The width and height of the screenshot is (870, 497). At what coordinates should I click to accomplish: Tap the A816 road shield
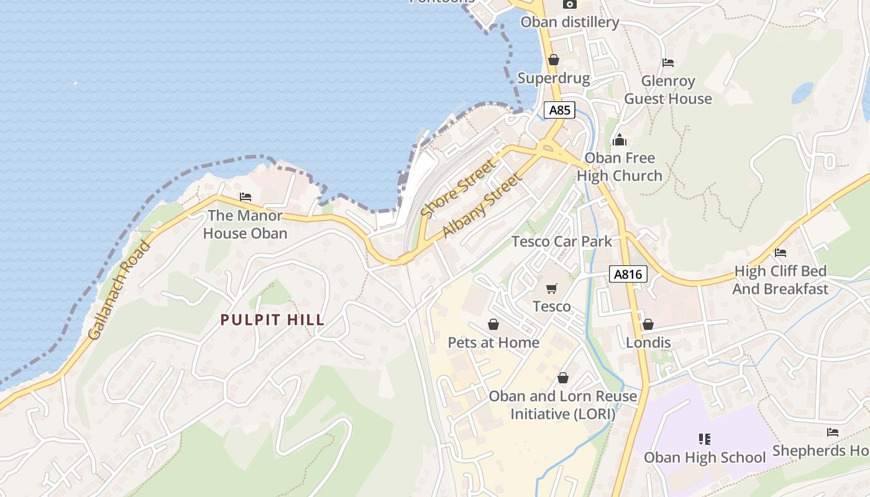(628, 274)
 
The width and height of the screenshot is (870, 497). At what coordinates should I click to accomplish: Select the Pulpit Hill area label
(273, 320)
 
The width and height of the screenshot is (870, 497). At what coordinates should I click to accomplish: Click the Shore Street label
(459, 188)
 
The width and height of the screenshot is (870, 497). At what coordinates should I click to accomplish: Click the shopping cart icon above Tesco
(551, 288)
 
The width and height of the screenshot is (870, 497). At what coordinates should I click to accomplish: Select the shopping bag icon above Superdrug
(553, 60)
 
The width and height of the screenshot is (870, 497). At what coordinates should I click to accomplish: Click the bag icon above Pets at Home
(493, 324)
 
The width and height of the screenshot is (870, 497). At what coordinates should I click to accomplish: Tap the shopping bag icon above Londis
(648, 324)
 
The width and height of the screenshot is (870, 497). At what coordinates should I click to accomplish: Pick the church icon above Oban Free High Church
(619, 140)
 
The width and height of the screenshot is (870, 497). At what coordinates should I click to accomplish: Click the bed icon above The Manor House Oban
(245, 197)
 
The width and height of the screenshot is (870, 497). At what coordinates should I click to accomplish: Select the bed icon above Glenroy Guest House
(668, 63)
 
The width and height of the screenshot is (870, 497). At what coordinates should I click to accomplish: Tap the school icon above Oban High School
(704, 439)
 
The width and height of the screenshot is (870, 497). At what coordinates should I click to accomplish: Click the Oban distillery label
(570, 22)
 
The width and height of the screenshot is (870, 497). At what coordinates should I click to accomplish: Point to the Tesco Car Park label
(562, 241)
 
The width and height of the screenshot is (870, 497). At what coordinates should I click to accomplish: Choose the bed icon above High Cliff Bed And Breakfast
(781, 253)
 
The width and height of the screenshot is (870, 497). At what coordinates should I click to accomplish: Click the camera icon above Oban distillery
(569, 4)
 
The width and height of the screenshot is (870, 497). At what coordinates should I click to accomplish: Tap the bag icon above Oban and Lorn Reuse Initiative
(563, 378)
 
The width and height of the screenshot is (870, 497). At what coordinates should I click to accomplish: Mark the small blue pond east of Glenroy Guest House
(802, 93)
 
